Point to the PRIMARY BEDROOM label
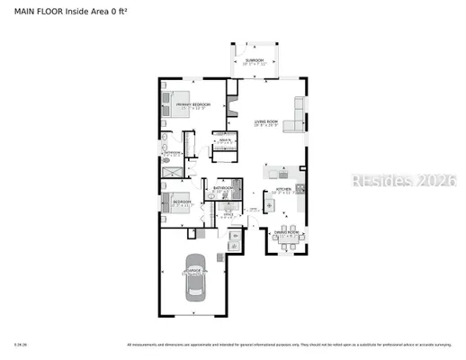[193, 105]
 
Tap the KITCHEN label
[282, 188]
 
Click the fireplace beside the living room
[232, 90]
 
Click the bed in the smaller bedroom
[171, 202]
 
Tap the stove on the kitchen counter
[300, 188]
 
